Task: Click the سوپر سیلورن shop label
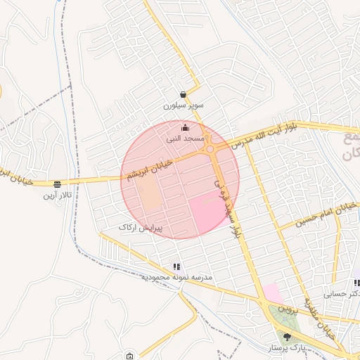(183, 105)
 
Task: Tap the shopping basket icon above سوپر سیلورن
(183, 94)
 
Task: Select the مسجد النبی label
(185, 139)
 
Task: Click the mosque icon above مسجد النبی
(185, 127)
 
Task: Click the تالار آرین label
(56, 194)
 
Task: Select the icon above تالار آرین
(56, 184)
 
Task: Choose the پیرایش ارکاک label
(140, 228)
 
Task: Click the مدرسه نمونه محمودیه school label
(176, 278)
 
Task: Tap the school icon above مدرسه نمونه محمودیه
(176, 266)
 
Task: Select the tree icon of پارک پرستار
(285, 336)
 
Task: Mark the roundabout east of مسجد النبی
(210, 148)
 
